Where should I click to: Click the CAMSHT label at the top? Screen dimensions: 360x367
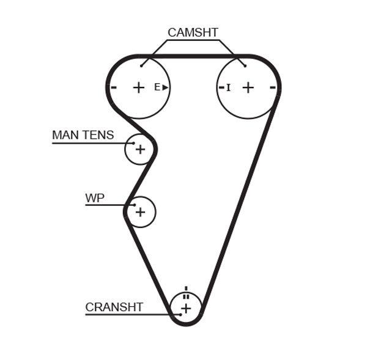pyautogui.click(x=193, y=33)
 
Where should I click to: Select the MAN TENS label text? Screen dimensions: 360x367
pyautogui.click(x=83, y=135)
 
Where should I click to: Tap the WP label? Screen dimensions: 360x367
pyautogui.click(x=94, y=198)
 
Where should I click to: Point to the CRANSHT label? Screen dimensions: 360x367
pyautogui.click(x=114, y=307)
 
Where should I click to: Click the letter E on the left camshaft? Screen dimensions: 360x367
pyautogui.click(x=157, y=87)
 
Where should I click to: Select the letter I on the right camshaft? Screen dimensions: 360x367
pyautogui.click(x=228, y=88)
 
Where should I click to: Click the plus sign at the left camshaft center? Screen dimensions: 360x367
pyautogui.click(x=139, y=87)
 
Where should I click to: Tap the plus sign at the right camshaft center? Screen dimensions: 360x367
pyautogui.click(x=248, y=87)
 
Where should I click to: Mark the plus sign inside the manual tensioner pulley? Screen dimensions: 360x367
pyautogui.click(x=140, y=149)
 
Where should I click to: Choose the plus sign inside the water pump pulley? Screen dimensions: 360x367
pyautogui.click(x=140, y=212)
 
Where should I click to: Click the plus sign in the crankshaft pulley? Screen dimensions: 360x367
pyautogui.click(x=186, y=309)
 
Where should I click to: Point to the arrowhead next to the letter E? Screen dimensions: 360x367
pyautogui.click(x=165, y=87)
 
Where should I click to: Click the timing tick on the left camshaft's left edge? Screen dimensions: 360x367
pyautogui.click(x=113, y=87)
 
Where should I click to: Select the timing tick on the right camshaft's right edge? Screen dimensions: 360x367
pyautogui.click(x=273, y=87)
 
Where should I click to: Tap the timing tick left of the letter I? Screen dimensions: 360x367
pyautogui.click(x=221, y=87)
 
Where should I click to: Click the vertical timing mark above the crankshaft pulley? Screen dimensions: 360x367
pyautogui.click(x=186, y=288)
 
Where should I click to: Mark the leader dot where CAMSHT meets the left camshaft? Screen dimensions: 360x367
pyautogui.click(x=141, y=65)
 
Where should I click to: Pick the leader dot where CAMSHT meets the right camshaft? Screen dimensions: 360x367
pyautogui.click(x=245, y=65)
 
